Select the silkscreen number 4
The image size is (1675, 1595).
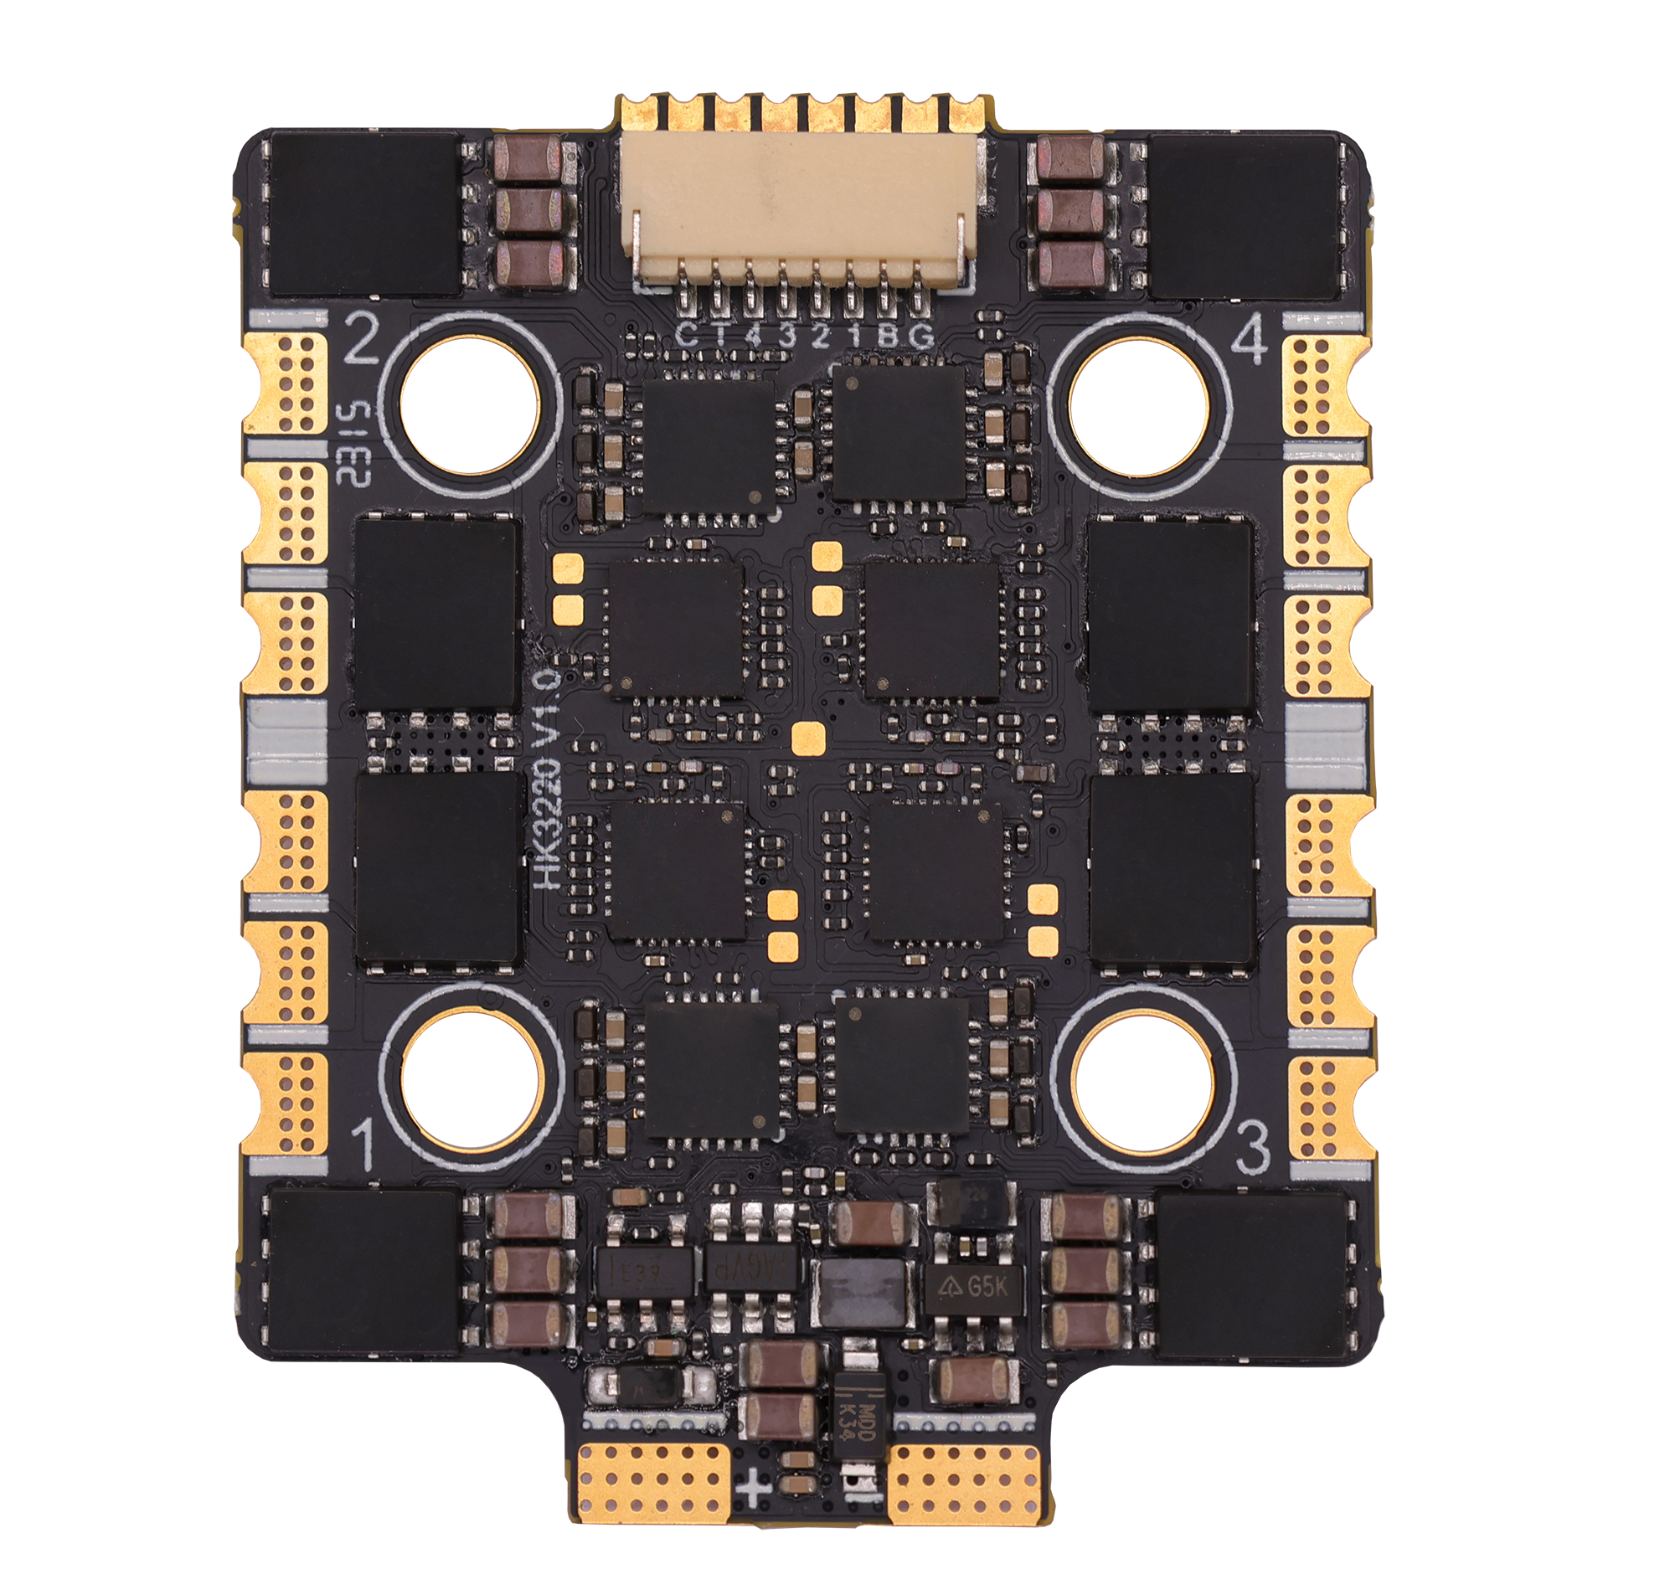tap(1248, 343)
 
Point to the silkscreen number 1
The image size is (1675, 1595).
tap(364, 1145)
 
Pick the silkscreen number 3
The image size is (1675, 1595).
tap(1252, 1148)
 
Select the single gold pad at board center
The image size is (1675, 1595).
tap(808, 738)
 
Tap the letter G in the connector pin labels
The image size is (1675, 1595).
tap(920, 336)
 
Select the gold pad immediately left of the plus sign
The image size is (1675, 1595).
tap(654, 1484)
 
